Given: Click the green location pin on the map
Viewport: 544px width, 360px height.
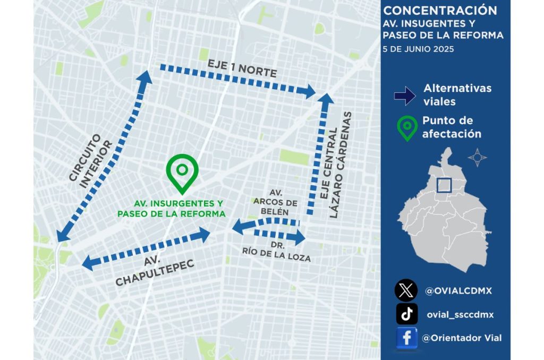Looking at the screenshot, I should click(x=182, y=173).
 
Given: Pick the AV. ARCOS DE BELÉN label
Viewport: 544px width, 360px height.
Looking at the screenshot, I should click(x=271, y=202).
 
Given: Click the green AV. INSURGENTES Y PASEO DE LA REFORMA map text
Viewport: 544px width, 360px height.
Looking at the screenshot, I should click(x=171, y=209).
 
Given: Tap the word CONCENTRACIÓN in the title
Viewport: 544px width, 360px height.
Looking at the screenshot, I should click(x=440, y=11).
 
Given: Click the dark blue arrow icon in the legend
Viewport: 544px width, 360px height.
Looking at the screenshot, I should click(x=405, y=96).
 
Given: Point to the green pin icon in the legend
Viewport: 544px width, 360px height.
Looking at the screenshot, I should click(x=407, y=128).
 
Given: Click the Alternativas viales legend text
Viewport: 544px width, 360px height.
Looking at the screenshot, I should click(x=457, y=95).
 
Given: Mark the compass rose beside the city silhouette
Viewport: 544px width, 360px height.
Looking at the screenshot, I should click(x=477, y=157).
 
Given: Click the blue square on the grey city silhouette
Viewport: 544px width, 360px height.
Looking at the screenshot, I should click(x=444, y=185).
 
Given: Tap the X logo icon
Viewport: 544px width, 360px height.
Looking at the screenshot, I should click(x=406, y=290).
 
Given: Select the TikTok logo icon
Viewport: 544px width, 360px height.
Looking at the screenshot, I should click(x=407, y=314).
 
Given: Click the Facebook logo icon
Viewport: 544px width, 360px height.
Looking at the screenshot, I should click(x=407, y=338).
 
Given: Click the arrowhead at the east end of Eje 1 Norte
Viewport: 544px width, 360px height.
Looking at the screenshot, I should click(x=308, y=91).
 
